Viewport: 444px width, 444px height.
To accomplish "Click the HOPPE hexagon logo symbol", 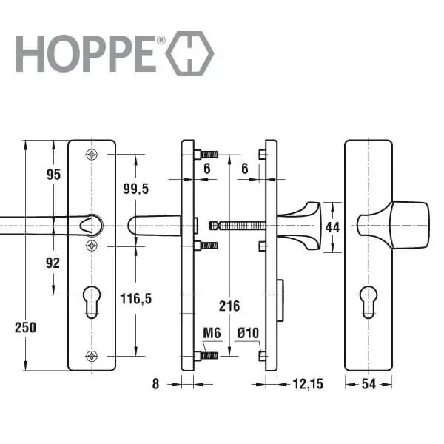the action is [x=189, y=53].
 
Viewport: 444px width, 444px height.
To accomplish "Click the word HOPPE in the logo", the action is [x=87, y=53].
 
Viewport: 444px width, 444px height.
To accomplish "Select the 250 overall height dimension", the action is [x=25, y=328].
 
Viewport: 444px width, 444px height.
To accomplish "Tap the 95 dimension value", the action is [x=53, y=174].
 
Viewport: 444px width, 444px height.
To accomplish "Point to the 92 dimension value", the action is [x=53, y=263].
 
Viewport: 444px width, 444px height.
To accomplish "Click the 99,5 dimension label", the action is [x=136, y=189].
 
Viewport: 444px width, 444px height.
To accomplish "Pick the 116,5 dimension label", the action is [x=136, y=298].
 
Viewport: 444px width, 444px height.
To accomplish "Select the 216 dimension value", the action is [x=229, y=306].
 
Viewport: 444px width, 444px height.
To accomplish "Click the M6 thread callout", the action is [x=212, y=333].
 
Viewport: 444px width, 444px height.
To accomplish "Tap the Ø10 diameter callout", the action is [x=248, y=333].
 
